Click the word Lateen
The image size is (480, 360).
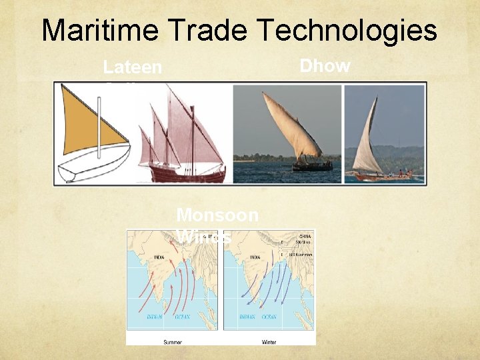click(x=133, y=67)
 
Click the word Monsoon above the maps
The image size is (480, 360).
click(x=217, y=215)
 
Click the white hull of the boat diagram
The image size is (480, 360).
click(x=93, y=167)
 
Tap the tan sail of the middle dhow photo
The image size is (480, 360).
click(x=293, y=127)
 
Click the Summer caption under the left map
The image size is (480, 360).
click(x=173, y=341)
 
